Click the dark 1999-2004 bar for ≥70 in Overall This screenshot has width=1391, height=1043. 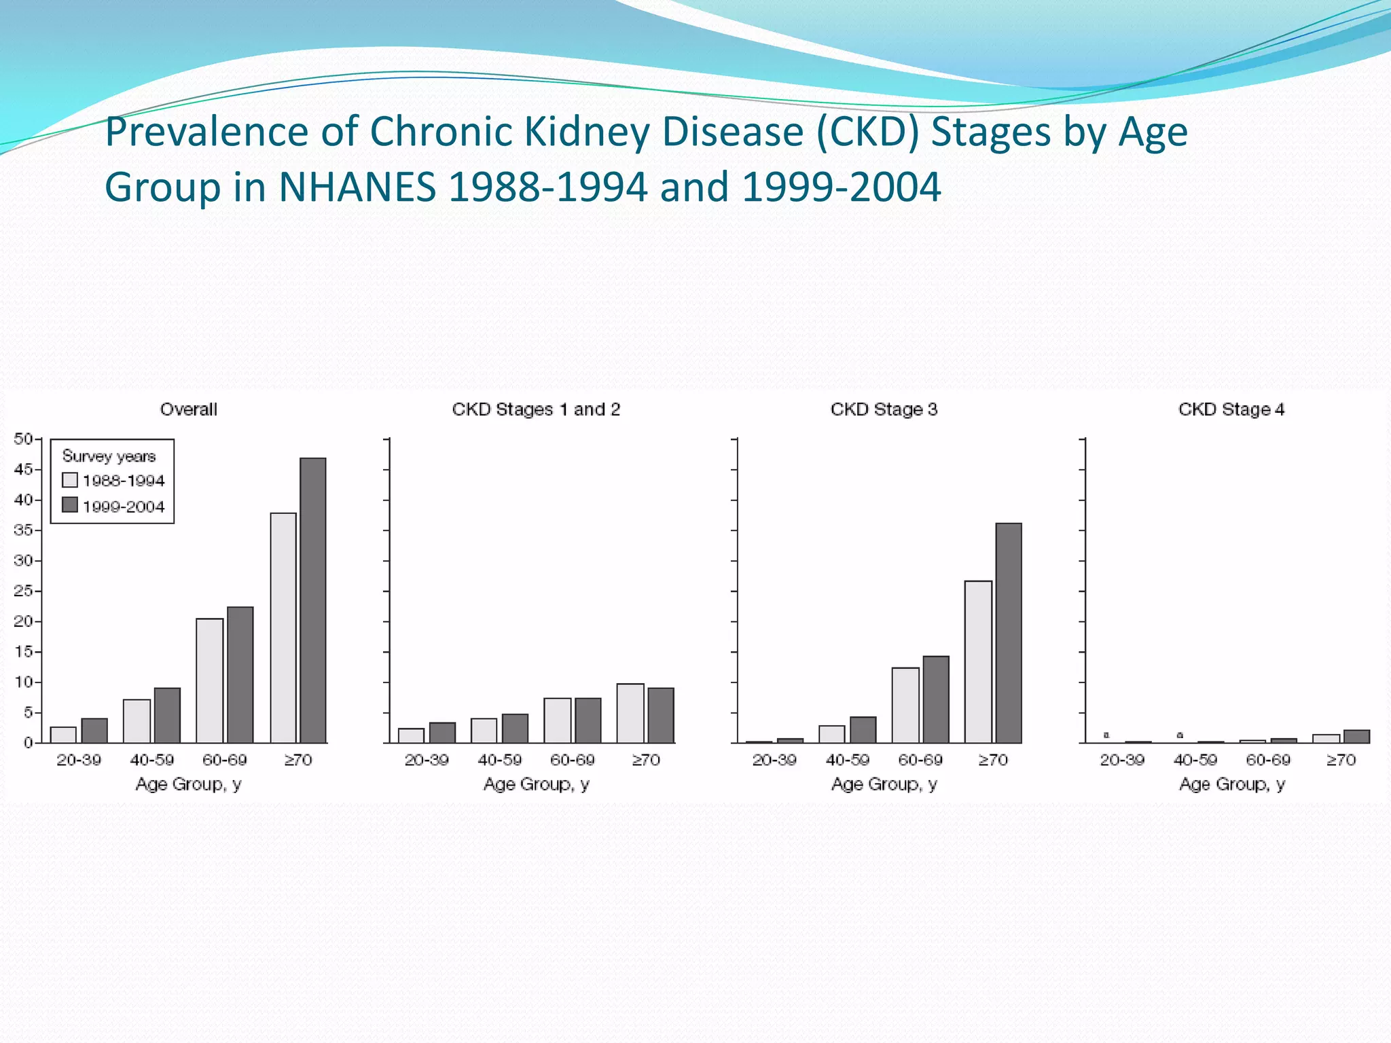(x=313, y=600)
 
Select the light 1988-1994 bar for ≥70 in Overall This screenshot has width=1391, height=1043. (x=283, y=627)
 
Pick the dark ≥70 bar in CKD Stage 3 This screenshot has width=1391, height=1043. (x=1009, y=633)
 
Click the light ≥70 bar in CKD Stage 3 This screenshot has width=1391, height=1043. (x=978, y=661)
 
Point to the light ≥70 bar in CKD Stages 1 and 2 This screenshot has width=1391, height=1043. (x=630, y=713)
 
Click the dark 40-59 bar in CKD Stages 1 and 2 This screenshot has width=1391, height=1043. (x=515, y=728)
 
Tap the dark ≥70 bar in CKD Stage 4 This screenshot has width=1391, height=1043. (x=1356, y=736)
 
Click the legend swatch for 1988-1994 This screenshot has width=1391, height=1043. (x=70, y=480)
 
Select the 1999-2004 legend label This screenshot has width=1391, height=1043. (x=124, y=507)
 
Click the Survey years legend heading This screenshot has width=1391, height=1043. (x=109, y=456)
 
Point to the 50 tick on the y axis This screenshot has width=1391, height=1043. (x=23, y=439)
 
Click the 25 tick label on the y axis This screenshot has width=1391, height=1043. (x=23, y=591)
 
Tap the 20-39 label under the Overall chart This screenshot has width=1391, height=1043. (x=79, y=760)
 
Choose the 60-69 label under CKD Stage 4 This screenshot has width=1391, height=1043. (x=1268, y=760)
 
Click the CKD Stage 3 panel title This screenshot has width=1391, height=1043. (x=884, y=409)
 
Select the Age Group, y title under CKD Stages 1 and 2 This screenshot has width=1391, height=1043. (x=536, y=784)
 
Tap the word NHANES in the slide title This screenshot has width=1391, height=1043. (x=357, y=187)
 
